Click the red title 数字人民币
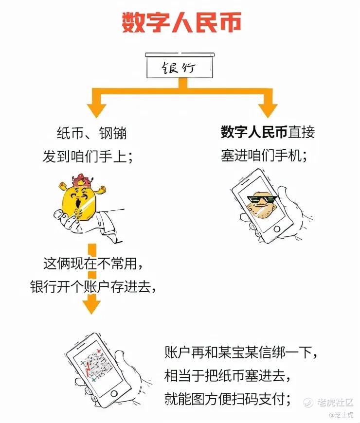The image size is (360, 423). click(x=181, y=22)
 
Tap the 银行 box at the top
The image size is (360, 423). click(x=180, y=66)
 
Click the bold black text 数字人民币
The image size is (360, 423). click(x=254, y=132)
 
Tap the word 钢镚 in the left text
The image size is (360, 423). click(x=113, y=133)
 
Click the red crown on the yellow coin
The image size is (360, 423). click(x=82, y=180)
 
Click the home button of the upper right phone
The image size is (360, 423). click(x=277, y=229)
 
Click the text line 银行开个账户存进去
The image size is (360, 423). click(x=93, y=286)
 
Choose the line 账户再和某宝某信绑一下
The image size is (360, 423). click(x=241, y=352)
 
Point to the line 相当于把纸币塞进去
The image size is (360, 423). click(x=228, y=376)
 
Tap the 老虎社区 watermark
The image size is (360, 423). click(x=328, y=403)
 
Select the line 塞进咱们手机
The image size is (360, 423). click(x=264, y=156)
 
